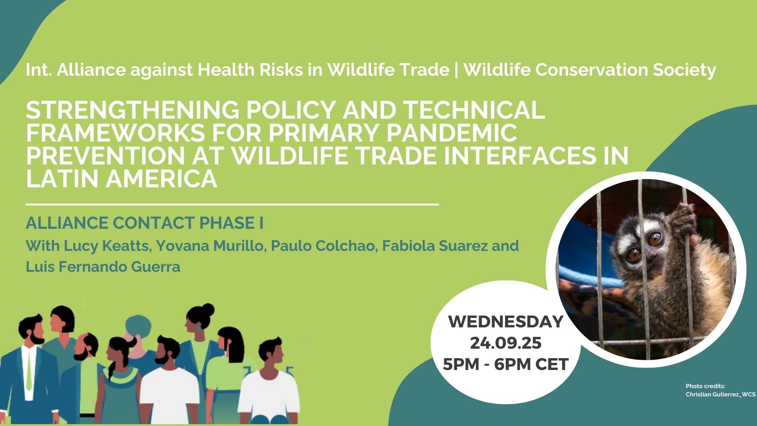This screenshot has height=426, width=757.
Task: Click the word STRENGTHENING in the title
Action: pos(132,110)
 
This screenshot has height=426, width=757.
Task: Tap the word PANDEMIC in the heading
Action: pos(452,133)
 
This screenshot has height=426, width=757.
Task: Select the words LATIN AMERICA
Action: pos(121,179)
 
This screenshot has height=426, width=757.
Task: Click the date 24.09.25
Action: pos(506,343)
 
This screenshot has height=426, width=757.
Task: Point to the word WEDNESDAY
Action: pos(506,322)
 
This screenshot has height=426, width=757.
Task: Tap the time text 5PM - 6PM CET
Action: pos(506,364)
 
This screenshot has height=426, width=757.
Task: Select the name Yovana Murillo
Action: pos(210,246)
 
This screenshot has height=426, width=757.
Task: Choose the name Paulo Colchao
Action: pos(323,245)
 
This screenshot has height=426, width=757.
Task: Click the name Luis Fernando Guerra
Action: pos(103,267)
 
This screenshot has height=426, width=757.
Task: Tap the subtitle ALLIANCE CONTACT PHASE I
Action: pos(145,223)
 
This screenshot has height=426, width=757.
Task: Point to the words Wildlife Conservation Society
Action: pos(590,70)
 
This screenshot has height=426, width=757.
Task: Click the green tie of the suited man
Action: pos(29,370)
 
